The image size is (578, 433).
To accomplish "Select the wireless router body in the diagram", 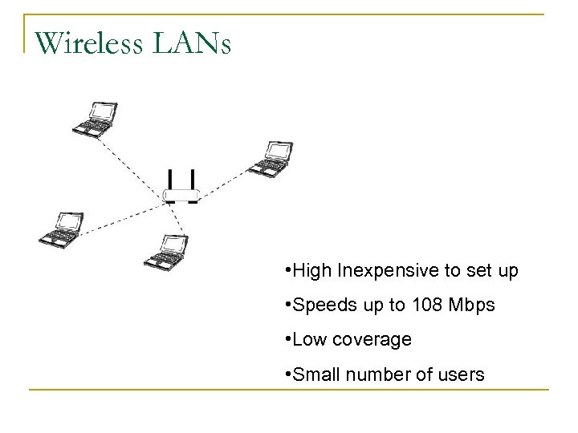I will pyautogui.click(x=180, y=195).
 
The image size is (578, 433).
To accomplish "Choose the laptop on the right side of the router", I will pyautogui.click(x=271, y=158).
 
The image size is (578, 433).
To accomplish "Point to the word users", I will pyautogui.click(x=461, y=373).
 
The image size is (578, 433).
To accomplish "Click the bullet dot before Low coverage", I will pyautogui.click(x=287, y=339).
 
